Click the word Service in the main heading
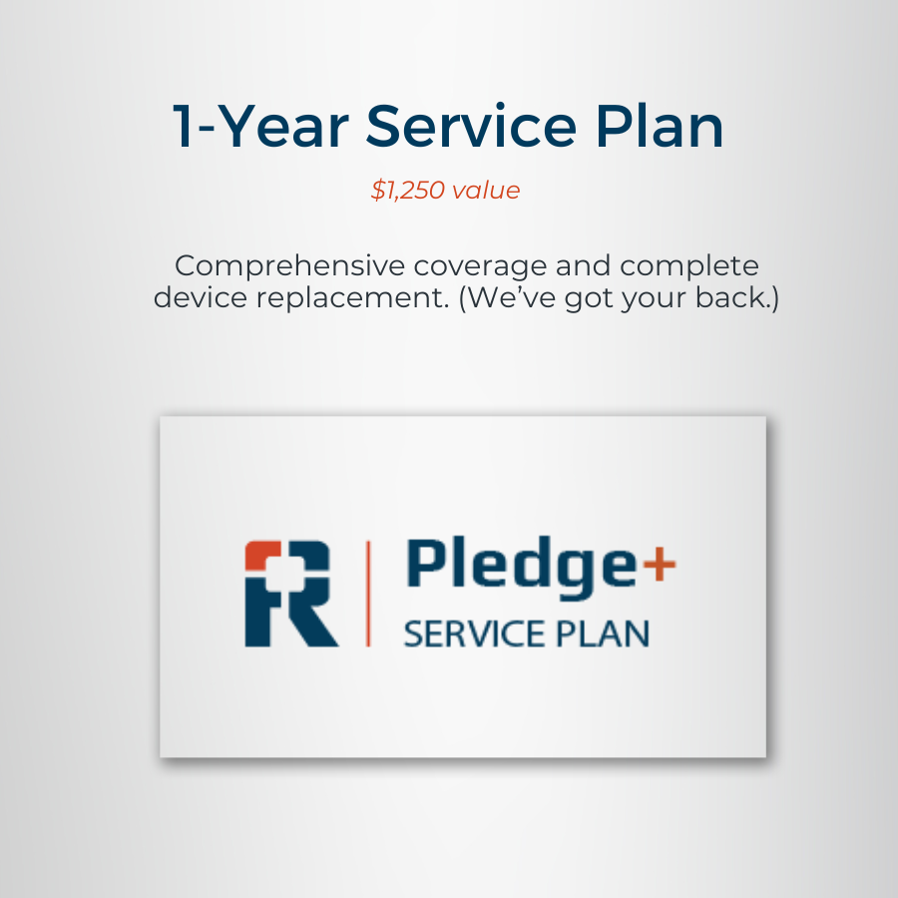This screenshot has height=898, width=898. coord(471,126)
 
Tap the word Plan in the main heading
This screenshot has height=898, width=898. coord(660,126)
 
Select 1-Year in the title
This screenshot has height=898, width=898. coord(260,126)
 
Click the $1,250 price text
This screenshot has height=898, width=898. coord(408,191)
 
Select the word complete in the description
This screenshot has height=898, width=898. coord(688,266)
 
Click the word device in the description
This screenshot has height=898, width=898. coord(201,297)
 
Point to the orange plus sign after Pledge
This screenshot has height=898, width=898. coord(660,564)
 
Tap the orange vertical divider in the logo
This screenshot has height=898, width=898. coord(367,594)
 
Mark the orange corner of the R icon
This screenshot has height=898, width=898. coord(261,555)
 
